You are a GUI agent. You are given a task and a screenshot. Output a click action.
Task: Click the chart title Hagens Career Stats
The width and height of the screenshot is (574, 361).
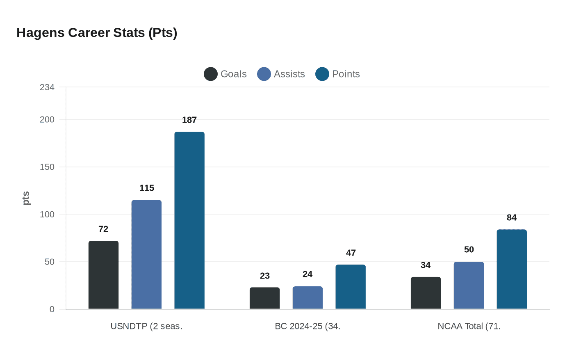click(x=97, y=33)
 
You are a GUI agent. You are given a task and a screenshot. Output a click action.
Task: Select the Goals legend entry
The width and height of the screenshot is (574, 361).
click(x=225, y=74)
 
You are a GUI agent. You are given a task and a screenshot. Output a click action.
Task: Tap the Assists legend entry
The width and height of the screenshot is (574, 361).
click(x=281, y=74)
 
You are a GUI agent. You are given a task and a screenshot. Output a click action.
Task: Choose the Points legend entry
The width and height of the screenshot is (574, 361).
click(x=338, y=74)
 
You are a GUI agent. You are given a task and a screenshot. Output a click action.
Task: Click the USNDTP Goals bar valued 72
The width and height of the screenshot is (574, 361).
click(x=103, y=275)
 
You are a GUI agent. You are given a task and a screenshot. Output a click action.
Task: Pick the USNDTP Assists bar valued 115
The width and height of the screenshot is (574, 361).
click(x=146, y=254)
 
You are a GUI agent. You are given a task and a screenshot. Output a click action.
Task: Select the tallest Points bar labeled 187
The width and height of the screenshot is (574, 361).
click(x=189, y=220)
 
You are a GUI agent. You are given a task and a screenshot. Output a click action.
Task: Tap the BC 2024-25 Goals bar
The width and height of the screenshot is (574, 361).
click(x=264, y=298)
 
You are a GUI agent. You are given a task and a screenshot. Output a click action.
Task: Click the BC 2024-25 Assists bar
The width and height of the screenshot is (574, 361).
click(x=307, y=298)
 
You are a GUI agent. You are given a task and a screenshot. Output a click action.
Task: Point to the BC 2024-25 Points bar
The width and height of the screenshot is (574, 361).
click(x=351, y=287)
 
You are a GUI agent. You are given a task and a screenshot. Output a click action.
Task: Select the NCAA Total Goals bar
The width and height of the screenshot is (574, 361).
click(x=426, y=293)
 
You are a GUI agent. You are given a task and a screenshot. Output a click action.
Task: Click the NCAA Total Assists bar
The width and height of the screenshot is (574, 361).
click(x=469, y=286)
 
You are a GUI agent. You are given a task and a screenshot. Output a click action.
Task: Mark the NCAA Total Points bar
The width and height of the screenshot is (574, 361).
click(x=512, y=269)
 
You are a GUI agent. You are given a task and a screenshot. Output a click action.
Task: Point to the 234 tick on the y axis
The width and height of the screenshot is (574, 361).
click(x=47, y=87)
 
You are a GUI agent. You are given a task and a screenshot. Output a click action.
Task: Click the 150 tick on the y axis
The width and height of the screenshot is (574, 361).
click(x=47, y=167)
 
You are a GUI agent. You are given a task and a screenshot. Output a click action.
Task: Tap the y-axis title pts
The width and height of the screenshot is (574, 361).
click(x=26, y=198)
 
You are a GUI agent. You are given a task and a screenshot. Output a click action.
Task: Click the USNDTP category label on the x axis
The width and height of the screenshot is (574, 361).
click(x=146, y=327)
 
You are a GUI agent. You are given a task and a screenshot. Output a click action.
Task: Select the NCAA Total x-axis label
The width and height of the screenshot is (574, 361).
click(x=469, y=327)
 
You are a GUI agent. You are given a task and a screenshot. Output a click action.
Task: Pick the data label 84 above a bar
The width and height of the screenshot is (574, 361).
click(x=512, y=218)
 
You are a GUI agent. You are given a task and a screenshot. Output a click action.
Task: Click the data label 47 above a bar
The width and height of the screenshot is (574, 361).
click(x=351, y=253)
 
